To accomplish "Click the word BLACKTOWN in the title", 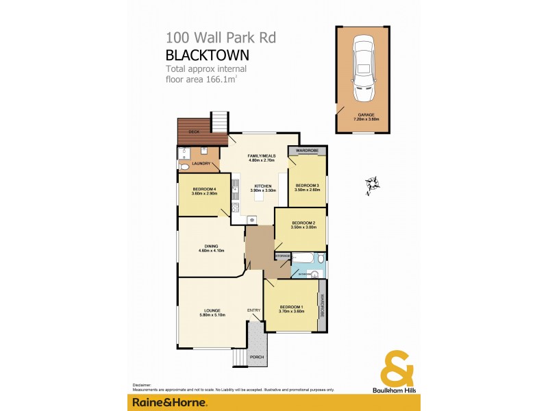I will click(x=207, y=55).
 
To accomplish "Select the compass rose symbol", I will click(x=372, y=184).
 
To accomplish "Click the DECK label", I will click(x=194, y=130).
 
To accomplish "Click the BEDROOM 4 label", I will click(x=204, y=189).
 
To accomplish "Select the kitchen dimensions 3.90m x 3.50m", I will click(x=264, y=191).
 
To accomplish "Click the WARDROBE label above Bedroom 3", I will click(x=305, y=150).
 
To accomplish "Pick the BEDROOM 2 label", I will click(x=303, y=223).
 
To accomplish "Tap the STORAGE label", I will click(x=282, y=256).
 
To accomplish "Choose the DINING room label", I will click(x=211, y=246).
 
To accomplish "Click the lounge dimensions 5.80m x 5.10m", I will click(x=211, y=315).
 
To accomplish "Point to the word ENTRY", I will click(x=254, y=310).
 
